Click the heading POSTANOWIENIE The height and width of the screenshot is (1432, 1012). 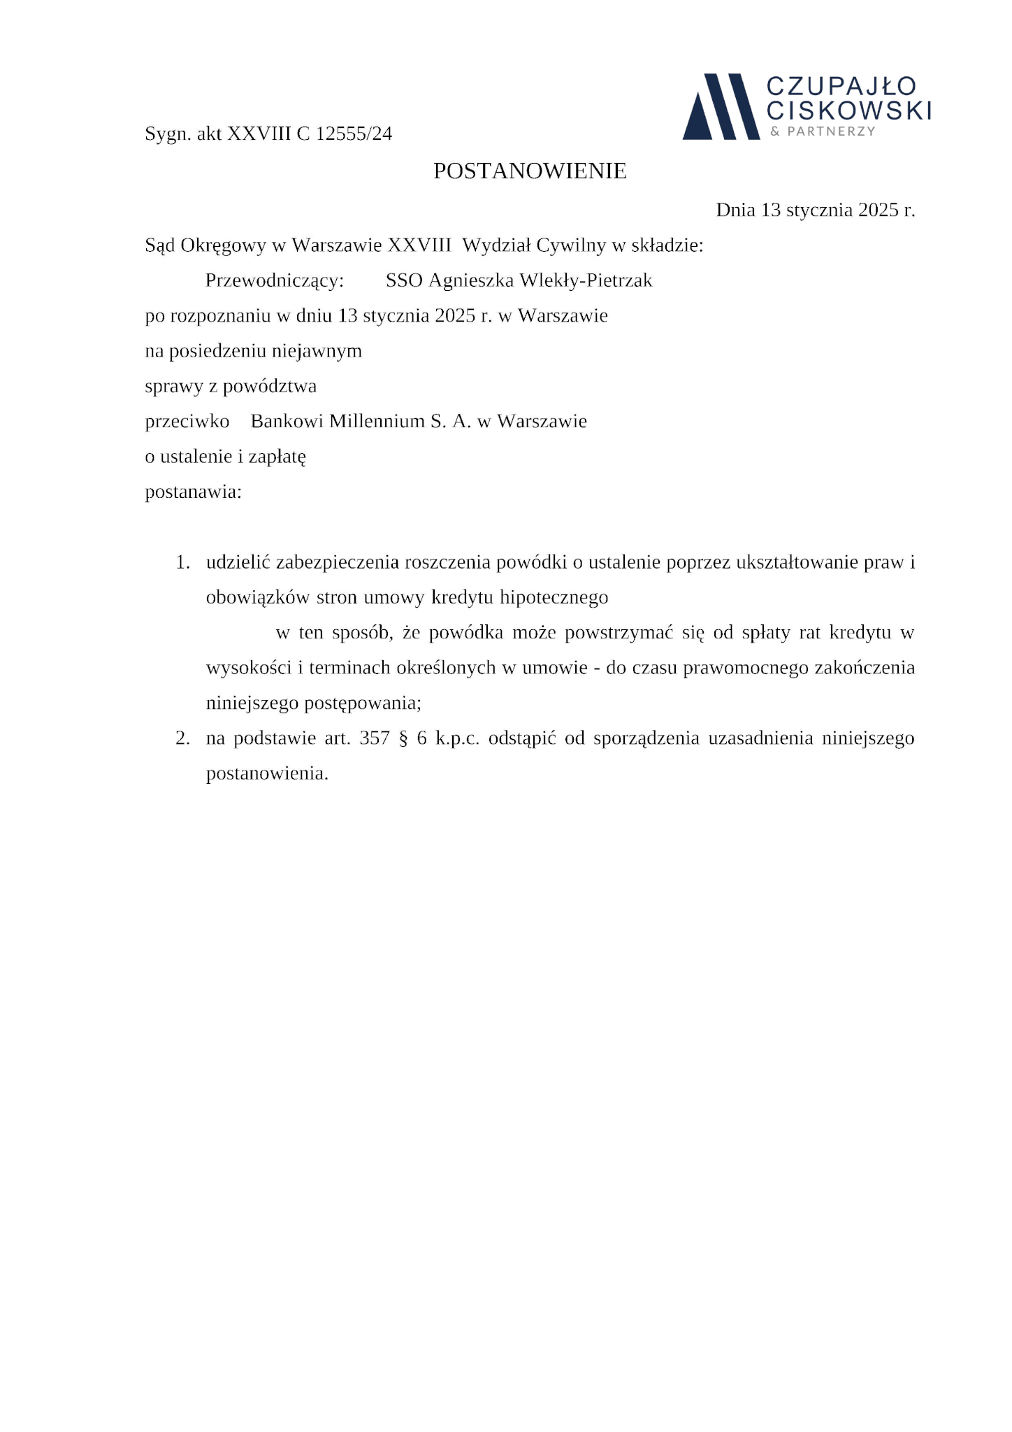pos(530,171)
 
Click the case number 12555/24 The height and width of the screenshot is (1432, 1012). pos(354,134)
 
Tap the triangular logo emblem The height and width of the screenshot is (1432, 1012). pos(721,107)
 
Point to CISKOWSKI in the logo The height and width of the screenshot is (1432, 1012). pos(848,110)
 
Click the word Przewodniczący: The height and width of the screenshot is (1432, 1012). pos(275,280)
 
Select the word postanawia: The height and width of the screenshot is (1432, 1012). pos(193,492)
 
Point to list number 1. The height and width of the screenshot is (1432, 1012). pos(182,562)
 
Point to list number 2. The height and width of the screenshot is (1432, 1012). pos(182,738)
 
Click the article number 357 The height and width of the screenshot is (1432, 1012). pos(375,738)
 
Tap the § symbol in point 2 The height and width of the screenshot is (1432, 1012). pos(403,738)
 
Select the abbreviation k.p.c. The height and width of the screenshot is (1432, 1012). pos(457,738)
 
